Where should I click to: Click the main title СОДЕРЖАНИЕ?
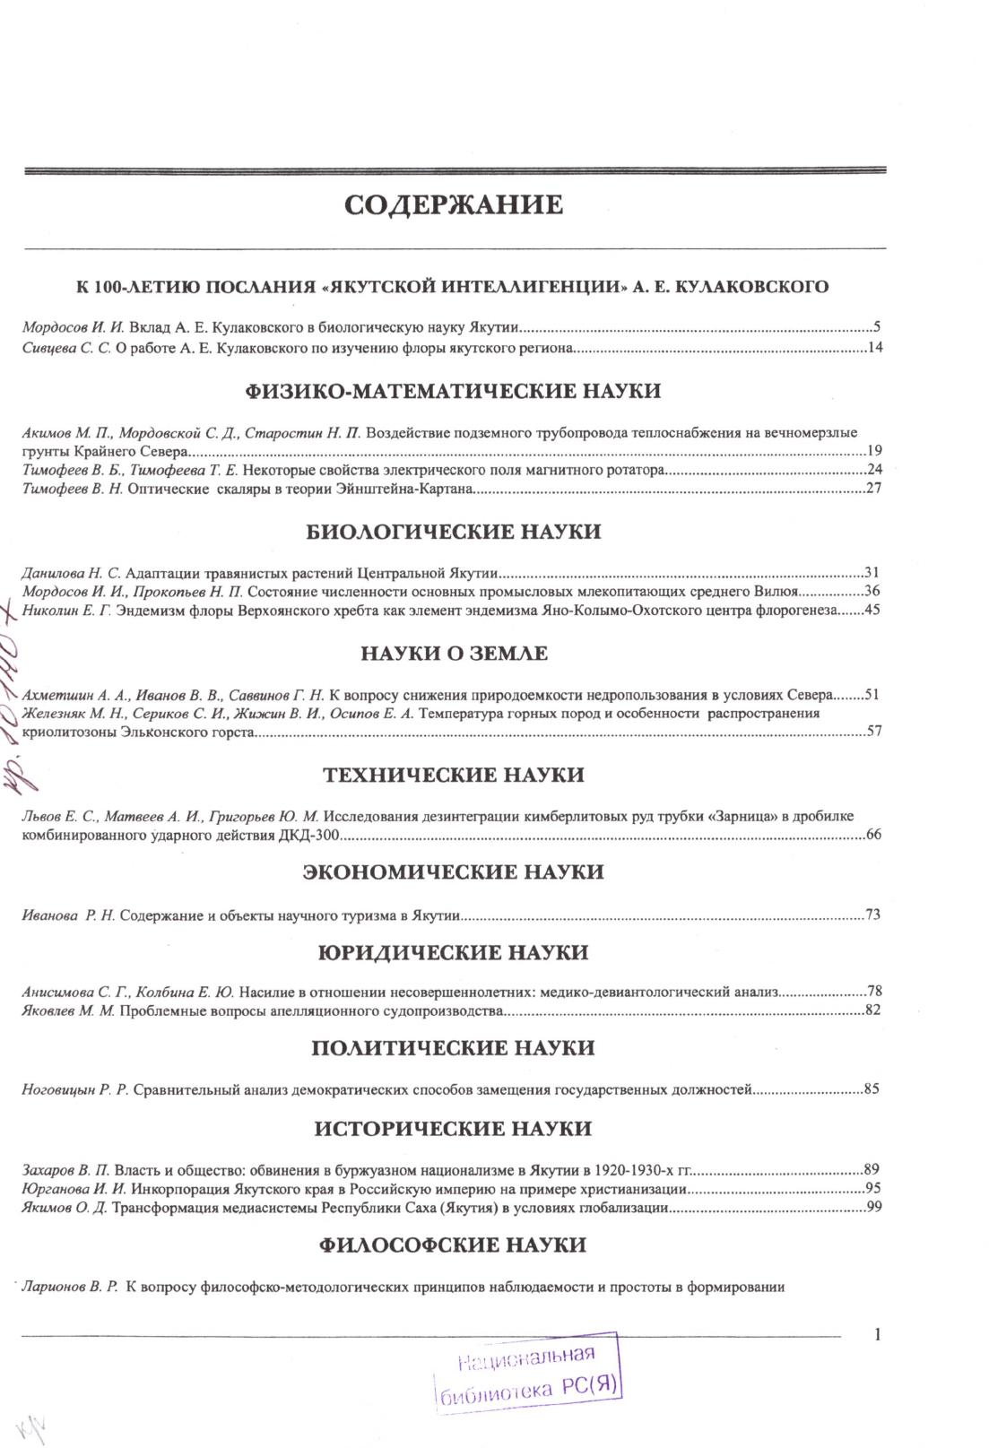[454, 205]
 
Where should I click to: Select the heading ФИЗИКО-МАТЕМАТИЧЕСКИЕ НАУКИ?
[453, 392]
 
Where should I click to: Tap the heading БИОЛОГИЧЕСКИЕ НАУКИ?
[454, 532]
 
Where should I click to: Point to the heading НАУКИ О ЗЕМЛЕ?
[454, 654]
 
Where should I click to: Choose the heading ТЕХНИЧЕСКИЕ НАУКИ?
[454, 776]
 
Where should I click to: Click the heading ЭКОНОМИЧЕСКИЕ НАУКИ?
[454, 872]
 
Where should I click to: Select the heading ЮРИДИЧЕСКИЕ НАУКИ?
[454, 952]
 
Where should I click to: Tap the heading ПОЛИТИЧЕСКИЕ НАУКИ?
[454, 1048]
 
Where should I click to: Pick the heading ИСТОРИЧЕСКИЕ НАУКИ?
[454, 1129]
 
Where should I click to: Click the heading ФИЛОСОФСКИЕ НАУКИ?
[454, 1245]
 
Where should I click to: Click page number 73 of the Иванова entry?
[873, 915]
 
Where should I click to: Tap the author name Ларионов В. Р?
[70, 1288]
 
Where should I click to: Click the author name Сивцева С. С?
[65, 348]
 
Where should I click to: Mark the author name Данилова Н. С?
[72, 572]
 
